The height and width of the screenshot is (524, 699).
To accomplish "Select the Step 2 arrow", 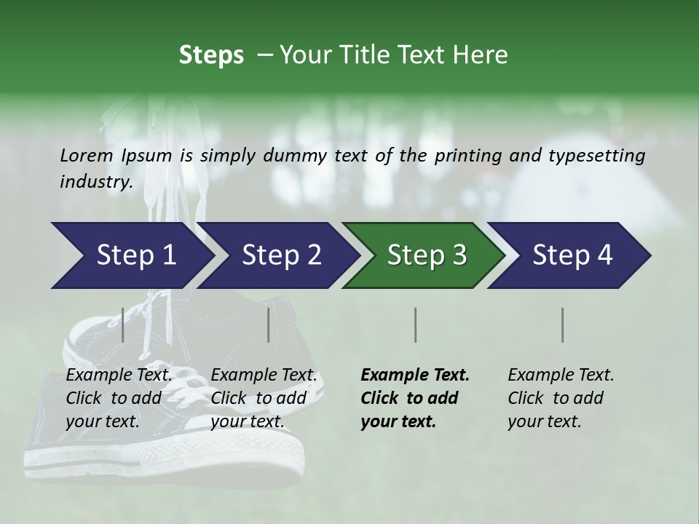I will click(x=280, y=255).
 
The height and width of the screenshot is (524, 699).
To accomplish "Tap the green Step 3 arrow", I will click(x=426, y=255).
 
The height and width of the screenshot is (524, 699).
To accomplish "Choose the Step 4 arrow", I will click(x=572, y=255).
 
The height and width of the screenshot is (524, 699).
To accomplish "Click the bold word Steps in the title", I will click(x=211, y=55).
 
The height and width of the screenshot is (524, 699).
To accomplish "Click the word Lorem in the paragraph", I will click(x=87, y=155).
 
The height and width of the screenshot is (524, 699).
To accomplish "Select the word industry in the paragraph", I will click(x=95, y=181).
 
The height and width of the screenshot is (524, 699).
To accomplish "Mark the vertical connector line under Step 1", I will click(x=123, y=325).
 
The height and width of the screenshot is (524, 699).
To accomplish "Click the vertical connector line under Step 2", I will click(x=269, y=325).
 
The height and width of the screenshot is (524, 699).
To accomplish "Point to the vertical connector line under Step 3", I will click(x=416, y=325).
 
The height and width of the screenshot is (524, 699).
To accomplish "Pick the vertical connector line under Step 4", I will click(x=563, y=325).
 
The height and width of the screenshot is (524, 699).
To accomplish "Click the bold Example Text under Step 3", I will click(x=415, y=375).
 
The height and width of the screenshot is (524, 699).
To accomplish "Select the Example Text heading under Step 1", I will click(x=119, y=375).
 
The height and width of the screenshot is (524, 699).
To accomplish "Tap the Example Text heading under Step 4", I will click(x=561, y=375).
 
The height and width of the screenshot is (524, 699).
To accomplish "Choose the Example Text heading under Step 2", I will click(x=264, y=375).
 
